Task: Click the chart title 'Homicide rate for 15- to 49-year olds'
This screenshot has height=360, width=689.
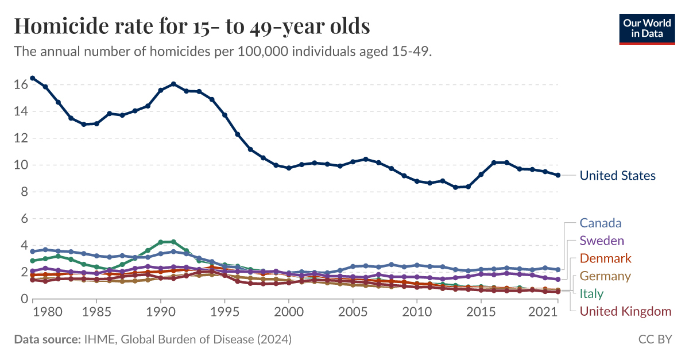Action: (x=192, y=26)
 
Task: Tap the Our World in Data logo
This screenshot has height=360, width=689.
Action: (x=647, y=28)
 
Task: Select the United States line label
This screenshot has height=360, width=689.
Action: (x=617, y=176)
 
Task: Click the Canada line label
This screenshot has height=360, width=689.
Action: (x=600, y=223)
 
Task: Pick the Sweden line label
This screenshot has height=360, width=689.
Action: (x=601, y=240)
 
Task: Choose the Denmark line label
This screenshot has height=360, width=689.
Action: (x=605, y=258)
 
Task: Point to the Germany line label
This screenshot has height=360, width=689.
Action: (x=605, y=276)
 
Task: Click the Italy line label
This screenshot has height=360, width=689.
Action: (x=591, y=293)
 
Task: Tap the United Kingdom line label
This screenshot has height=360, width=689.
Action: (x=625, y=311)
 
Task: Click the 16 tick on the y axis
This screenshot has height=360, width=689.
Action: (x=21, y=85)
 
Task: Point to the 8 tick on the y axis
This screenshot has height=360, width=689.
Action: (x=24, y=192)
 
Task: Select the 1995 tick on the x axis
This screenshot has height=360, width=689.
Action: (x=224, y=311)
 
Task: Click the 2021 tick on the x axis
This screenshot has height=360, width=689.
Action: (x=544, y=311)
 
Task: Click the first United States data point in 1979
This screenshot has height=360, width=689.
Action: (x=33, y=78)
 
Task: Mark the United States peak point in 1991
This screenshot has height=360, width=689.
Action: (x=173, y=84)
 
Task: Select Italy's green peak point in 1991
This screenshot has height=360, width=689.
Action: (x=173, y=242)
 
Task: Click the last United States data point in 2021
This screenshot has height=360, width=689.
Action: (x=557, y=175)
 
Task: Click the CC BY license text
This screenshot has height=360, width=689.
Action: (x=655, y=339)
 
